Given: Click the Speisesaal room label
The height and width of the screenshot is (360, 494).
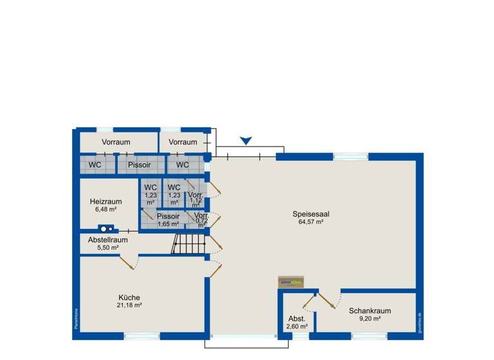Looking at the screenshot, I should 311,214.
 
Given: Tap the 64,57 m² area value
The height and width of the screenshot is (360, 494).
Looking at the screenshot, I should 311,222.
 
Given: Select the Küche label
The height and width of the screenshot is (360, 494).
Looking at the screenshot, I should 129,297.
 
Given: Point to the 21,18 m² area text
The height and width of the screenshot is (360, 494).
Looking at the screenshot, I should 129,305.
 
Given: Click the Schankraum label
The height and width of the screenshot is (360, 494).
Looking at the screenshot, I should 370,310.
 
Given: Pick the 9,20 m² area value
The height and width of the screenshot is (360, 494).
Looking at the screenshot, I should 370,319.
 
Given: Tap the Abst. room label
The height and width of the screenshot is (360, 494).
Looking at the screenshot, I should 297,319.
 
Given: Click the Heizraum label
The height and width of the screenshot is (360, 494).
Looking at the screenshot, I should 106,201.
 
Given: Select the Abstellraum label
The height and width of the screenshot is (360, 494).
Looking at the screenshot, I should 107,240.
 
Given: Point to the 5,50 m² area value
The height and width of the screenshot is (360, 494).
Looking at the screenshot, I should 107,248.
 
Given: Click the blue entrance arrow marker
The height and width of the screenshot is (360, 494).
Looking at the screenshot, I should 245,141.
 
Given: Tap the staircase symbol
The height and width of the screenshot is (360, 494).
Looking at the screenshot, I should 188,244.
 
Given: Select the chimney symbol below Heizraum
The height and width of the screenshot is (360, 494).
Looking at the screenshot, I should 106,228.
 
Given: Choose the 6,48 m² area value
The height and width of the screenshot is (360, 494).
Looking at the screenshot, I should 106,210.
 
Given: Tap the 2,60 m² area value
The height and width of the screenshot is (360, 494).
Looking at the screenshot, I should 297,327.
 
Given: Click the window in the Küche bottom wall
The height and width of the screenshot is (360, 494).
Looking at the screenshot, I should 141,335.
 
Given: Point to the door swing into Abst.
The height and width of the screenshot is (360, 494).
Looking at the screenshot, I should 307,301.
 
